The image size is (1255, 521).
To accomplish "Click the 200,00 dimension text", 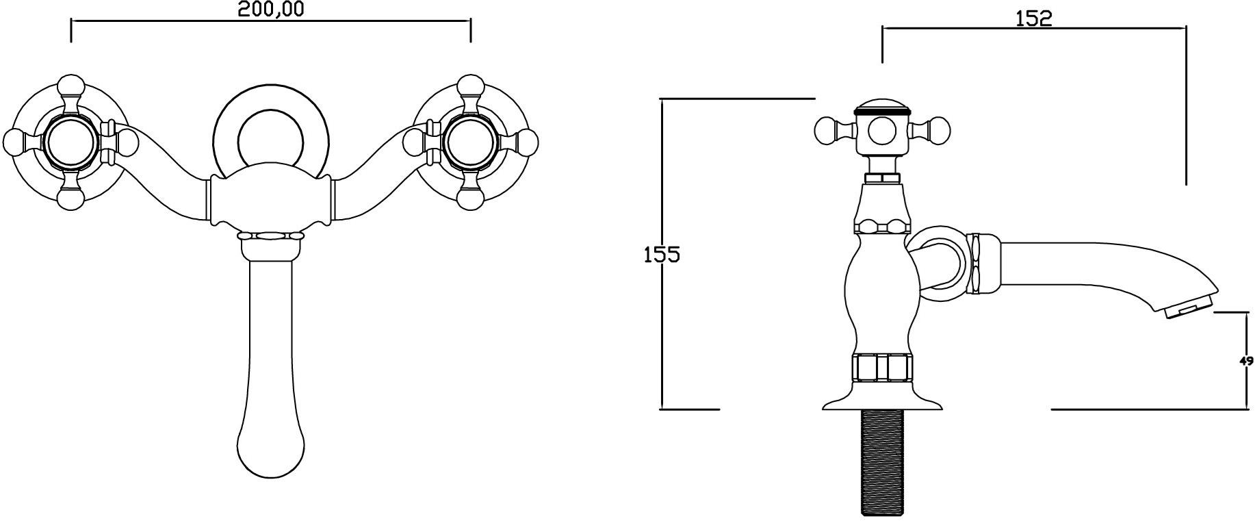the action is pos(271,9).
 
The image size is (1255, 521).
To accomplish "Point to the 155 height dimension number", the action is pos(662,255).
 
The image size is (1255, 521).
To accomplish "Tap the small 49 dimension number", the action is pos(1247,361).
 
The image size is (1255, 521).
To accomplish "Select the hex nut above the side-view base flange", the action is pos(883,367).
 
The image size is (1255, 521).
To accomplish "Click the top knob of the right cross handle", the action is pos(470,87).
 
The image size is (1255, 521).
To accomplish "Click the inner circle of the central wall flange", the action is pos(272,140).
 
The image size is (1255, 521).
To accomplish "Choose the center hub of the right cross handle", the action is pos(470,142).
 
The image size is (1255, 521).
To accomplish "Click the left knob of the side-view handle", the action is pos(827,129).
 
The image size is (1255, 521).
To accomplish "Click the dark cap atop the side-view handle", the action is pos(882,107).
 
